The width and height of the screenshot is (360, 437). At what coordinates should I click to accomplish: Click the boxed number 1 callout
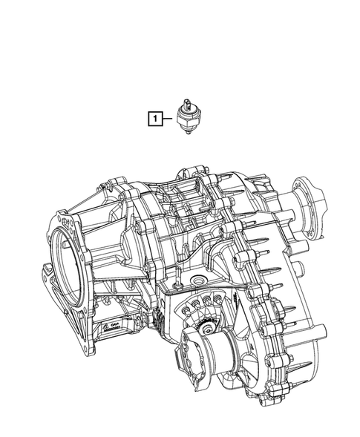click(x=154, y=117)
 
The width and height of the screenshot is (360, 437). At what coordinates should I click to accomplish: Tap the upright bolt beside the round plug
click(x=177, y=284)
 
